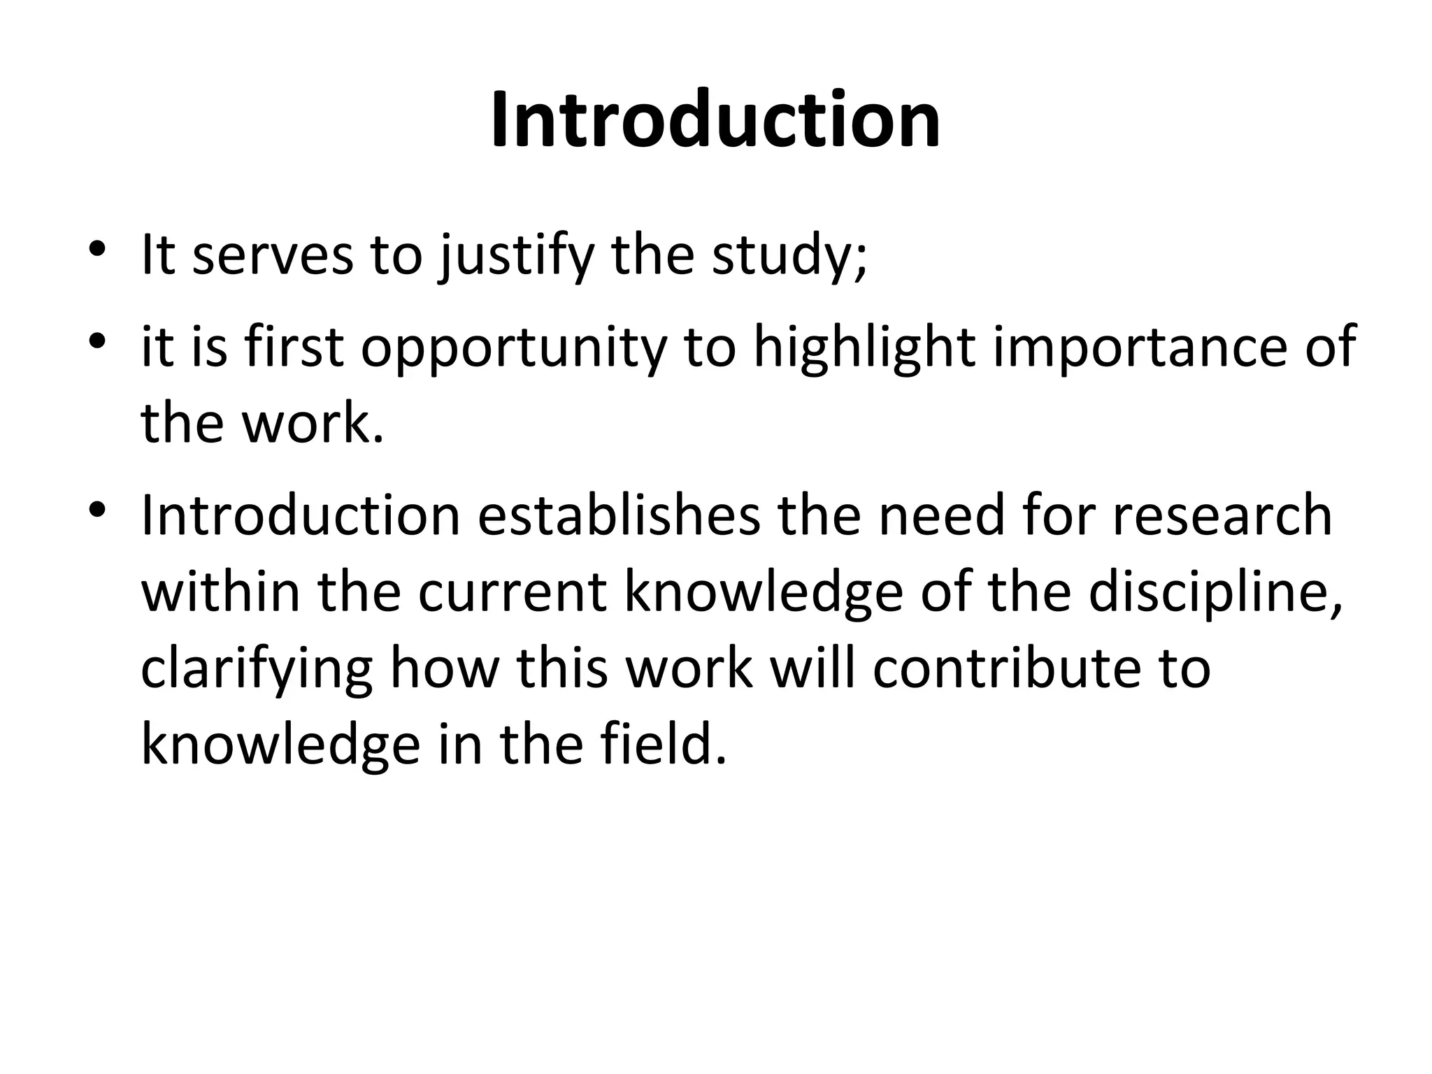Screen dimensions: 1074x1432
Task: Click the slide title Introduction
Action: click(x=715, y=120)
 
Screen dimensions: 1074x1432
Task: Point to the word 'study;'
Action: click(x=789, y=257)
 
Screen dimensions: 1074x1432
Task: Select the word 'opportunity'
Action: click(x=514, y=350)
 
